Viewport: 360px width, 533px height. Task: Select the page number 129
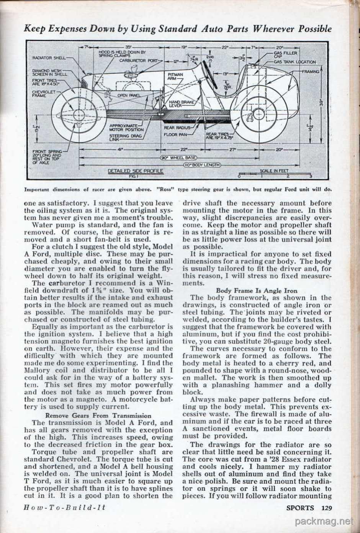tap(326, 508)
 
